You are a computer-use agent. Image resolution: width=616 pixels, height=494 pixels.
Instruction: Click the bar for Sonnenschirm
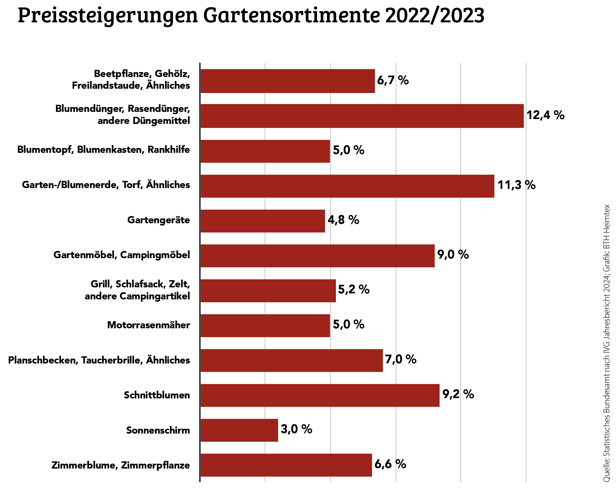[x=239, y=430]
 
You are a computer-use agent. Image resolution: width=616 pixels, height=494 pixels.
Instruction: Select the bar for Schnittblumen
[x=320, y=395]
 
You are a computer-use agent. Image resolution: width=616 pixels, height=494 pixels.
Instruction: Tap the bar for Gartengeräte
[x=263, y=221]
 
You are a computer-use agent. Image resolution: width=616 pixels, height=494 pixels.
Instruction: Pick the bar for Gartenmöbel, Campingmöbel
[x=317, y=256]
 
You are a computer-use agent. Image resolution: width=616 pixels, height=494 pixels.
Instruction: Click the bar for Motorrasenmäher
[x=265, y=325]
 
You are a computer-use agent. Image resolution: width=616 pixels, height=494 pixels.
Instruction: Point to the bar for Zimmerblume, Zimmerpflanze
[x=286, y=465]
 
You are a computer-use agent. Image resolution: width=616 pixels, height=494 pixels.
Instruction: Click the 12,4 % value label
[x=545, y=115]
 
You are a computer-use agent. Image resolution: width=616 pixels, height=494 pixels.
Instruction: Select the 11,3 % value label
[x=516, y=185]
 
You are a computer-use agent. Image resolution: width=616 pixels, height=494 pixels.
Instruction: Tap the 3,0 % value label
[x=296, y=429]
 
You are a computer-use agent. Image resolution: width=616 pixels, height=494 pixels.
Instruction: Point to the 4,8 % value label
[x=343, y=220]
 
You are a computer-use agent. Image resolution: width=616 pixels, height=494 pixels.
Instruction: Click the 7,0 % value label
[x=400, y=359]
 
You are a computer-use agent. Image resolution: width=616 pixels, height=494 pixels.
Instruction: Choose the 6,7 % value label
[x=393, y=80]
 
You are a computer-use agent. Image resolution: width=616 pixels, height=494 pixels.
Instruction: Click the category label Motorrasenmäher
[x=148, y=325]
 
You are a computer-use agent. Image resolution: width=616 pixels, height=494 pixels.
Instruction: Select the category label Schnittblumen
[x=157, y=395]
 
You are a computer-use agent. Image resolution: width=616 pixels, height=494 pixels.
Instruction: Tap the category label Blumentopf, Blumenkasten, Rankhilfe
[x=103, y=150]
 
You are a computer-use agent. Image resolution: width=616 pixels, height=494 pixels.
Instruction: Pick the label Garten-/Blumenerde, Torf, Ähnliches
[x=106, y=185]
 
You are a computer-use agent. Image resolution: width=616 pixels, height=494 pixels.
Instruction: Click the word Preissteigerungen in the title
[x=108, y=15]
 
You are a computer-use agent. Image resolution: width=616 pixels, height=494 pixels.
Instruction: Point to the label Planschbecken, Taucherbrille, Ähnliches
[x=99, y=360]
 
